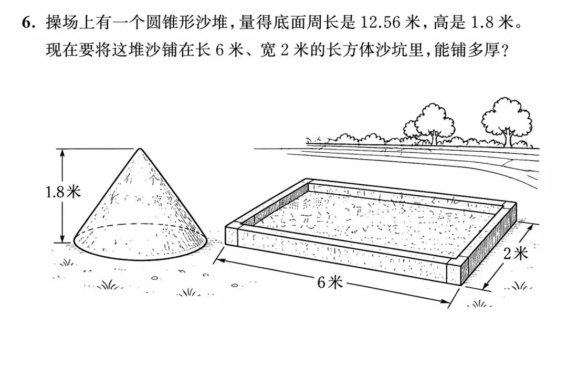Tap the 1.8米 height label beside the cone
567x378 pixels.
click(x=63, y=192)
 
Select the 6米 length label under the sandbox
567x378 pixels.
click(x=329, y=282)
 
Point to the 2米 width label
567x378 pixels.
click(x=516, y=254)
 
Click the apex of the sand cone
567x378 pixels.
click(x=140, y=148)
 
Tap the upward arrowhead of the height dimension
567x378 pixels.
click(x=62, y=153)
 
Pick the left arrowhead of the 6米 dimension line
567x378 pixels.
click(x=219, y=260)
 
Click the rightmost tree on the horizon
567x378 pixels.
click(x=507, y=122)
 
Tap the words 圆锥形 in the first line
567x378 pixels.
click(x=171, y=23)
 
